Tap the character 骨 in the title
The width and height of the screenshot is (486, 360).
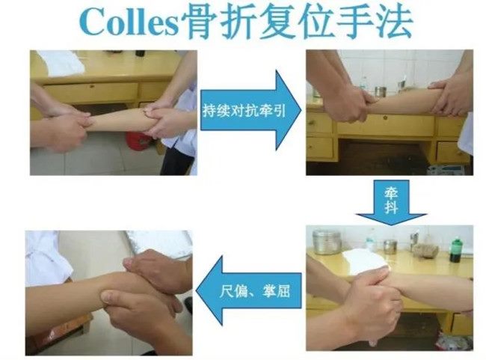[x=200, y=21]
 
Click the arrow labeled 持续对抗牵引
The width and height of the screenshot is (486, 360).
[x=250, y=110]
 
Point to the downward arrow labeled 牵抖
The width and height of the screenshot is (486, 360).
[x=391, y=202]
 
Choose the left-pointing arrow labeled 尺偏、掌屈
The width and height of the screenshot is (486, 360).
[x=249, y=290]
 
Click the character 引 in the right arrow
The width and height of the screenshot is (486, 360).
[x=280, y=110]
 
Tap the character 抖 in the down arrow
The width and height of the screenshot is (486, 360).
[x=391, y=207]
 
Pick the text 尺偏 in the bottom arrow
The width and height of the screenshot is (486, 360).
[x=234, y=291]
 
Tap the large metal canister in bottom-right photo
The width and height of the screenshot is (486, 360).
[x=325, y=242]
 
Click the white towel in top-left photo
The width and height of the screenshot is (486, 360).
[x=62, y=63]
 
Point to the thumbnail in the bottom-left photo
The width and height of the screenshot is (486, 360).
[x=107, y=297]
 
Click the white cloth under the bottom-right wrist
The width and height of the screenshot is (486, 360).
[x=365, y=262]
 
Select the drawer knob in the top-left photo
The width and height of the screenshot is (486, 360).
[x=92, y=87]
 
